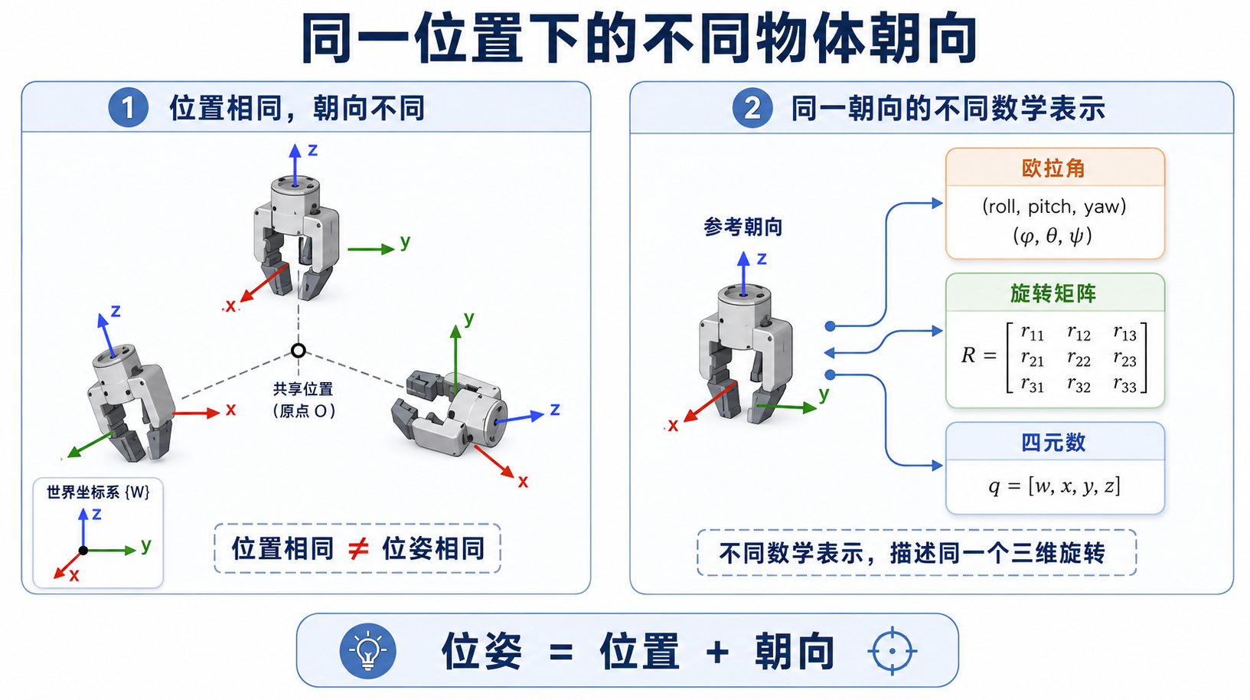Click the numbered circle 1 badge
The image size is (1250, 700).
[129, 108]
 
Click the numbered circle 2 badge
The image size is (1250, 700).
[752, 108]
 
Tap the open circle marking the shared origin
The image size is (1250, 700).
[299, 351]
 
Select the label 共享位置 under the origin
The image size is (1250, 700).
[303, 388]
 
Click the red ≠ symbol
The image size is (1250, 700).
[357, 548]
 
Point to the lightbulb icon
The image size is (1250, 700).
[367, 651]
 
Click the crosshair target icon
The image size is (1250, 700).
[893, 651]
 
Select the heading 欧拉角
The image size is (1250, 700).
[1053, 168]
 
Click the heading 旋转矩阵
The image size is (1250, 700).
[1053, 293]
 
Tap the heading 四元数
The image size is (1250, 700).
[1053, 443]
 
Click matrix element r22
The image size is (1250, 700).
[1078, 359]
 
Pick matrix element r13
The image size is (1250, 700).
[1124, 333]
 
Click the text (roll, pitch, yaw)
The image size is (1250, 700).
[1053, 207]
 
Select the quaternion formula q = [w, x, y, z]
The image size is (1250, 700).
[1054, 486]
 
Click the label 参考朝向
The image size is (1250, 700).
[742, 227]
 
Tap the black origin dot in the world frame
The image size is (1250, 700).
[83, 551]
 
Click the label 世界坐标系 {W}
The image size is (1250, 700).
[98, 492]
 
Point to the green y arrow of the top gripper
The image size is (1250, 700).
[371, 249]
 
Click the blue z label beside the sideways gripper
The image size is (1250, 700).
[555, 410]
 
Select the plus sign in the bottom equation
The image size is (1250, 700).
[717, 652]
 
